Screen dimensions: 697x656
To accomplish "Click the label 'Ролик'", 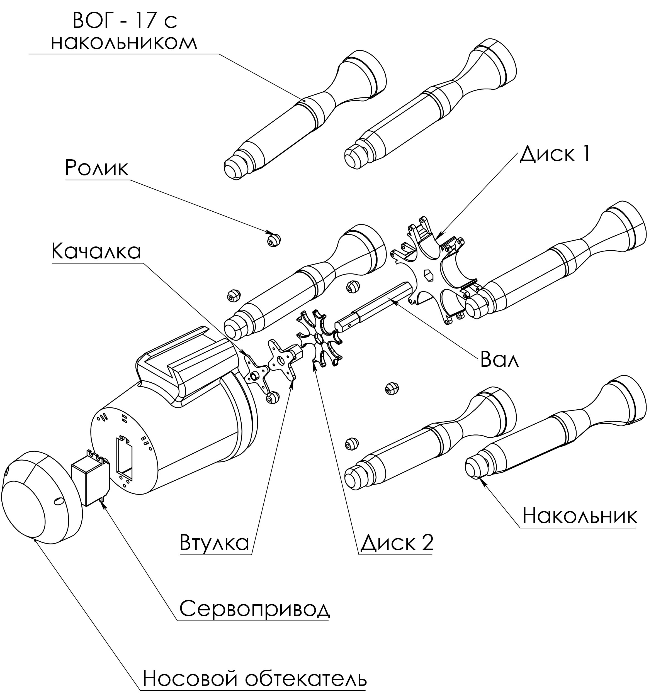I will tap(96, 168).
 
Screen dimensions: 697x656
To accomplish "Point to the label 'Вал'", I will tap(499, 359).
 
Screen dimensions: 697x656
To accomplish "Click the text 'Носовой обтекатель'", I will tap(255, 678).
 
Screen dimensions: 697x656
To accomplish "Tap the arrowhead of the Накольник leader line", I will tap(484, 482).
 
